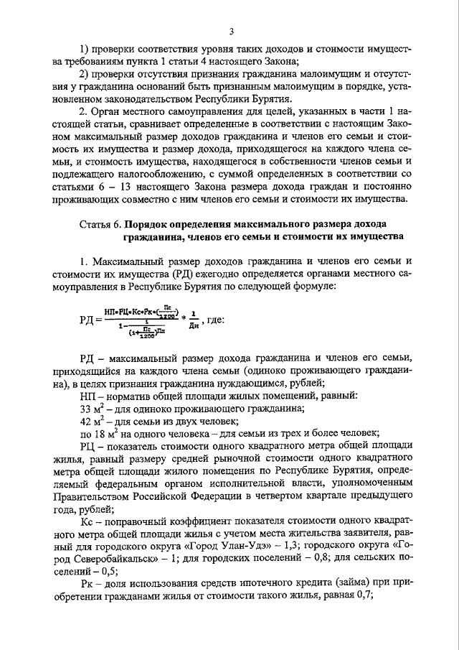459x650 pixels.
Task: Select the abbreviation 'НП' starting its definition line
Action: point(87,394)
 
